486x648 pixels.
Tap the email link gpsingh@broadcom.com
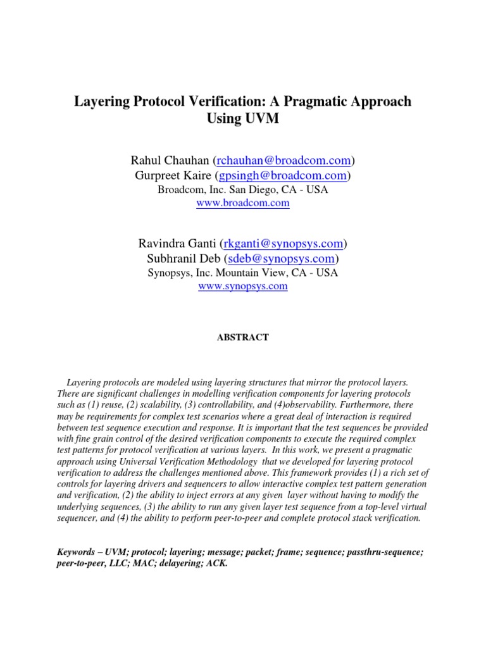click(x=284, y=175)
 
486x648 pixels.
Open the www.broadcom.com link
click(x=243, y=203)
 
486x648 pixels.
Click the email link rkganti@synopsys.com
click(x=283, y=243)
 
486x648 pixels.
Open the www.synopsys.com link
click(x=243, y=286)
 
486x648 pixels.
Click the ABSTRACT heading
click(x=243, y=338)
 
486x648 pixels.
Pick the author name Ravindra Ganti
click(x=177, y=243)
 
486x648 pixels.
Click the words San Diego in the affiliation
click(x=250, y=189)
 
